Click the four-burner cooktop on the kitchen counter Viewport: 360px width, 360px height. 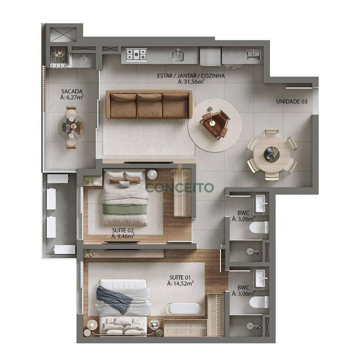pos(136,55)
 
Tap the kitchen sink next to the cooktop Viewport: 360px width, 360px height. pos(178,56)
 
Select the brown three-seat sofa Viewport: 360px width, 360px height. pos(149,104)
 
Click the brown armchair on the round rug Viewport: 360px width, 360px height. pos(215,124)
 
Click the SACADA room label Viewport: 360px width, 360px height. pos(72,91)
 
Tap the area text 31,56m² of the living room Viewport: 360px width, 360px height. pos(191,82)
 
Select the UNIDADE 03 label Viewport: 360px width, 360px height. pos(292,102)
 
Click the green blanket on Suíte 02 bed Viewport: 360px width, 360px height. pos(124,209)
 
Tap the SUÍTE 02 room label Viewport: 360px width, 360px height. pos(123,230)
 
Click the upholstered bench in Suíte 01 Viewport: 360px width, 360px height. pos(185,309)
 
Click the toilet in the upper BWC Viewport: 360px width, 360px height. pos(259,227)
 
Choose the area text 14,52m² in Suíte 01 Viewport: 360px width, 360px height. pos(180,284)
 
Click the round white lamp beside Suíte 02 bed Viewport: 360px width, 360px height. pos(152,174)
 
